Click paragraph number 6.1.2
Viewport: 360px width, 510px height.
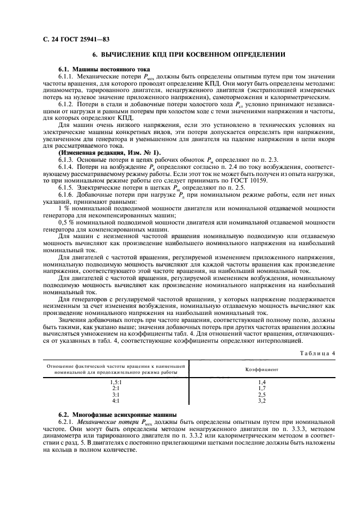click(67, 102)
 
